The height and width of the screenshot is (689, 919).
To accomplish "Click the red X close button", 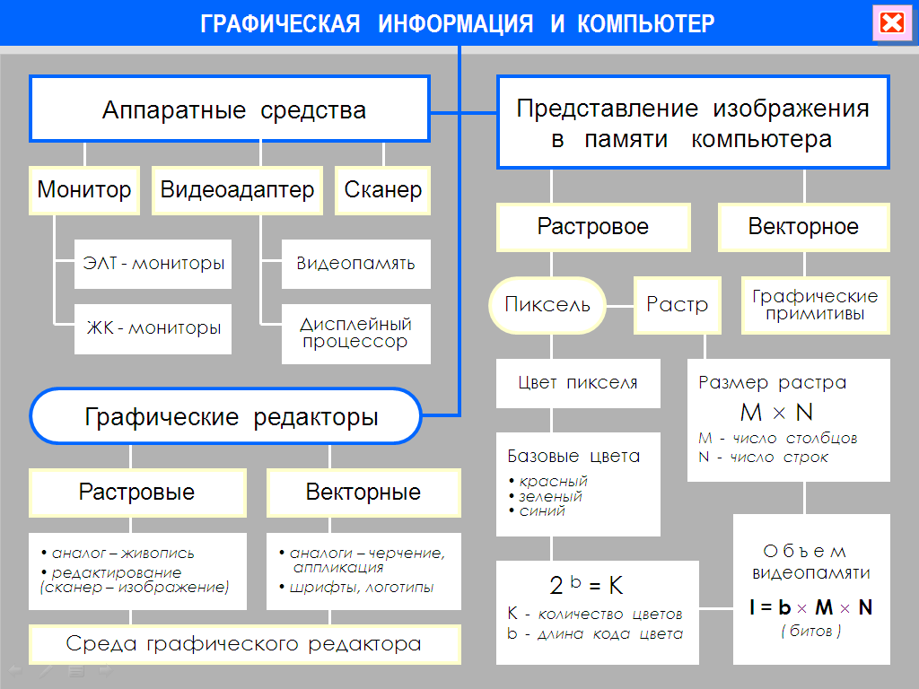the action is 892,22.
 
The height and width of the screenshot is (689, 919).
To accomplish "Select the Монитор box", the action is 84,190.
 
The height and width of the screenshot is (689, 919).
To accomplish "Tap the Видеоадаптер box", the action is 237,190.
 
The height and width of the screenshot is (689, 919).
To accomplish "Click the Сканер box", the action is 382,190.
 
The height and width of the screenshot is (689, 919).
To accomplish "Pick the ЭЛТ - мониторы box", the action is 153,264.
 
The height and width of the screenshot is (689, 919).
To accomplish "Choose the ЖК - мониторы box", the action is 153,328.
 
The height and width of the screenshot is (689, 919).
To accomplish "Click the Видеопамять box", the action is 355,264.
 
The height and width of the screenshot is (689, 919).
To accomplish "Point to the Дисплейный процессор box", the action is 355,334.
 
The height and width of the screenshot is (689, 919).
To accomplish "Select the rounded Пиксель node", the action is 547,305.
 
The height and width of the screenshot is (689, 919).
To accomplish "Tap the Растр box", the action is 678,305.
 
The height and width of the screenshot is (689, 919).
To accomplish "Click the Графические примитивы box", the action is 815,305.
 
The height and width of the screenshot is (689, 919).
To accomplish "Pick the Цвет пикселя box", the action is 578,383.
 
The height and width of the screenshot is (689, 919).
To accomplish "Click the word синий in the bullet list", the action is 542,510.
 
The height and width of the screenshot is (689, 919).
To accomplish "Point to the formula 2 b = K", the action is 586,585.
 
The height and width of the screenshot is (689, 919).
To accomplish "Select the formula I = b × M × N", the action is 811,607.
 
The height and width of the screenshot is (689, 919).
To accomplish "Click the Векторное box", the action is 804,227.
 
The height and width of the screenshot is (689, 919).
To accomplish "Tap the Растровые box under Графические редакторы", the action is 137,493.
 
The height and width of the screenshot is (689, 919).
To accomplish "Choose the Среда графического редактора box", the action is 244,644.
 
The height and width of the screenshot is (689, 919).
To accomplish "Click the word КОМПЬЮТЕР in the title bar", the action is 646,24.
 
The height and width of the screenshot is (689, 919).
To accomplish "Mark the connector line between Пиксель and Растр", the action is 620,306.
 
